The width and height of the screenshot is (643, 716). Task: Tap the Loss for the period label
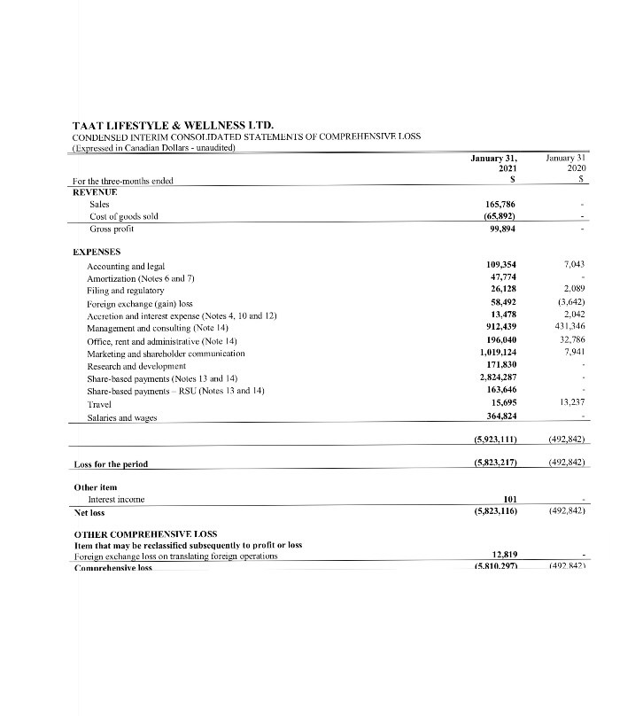112,463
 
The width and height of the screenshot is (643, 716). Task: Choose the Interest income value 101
509,500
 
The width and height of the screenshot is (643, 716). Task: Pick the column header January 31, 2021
494,163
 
